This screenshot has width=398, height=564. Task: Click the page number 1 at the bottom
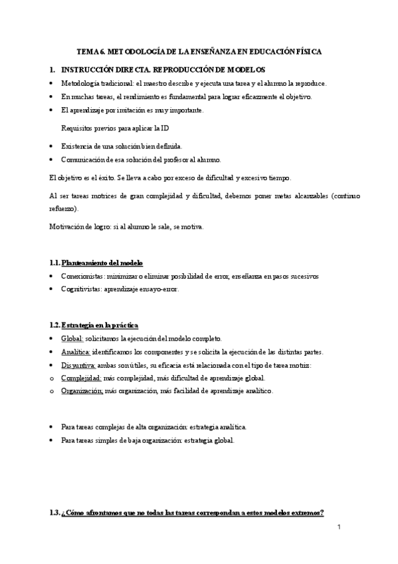338,527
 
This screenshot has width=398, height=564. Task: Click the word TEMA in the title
87,51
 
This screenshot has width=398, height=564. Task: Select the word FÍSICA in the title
307,51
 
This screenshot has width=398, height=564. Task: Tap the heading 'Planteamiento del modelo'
102,263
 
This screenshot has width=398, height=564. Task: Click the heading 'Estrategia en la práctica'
100,325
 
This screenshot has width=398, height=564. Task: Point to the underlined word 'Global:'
72,339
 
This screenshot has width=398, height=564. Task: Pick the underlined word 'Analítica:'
76,352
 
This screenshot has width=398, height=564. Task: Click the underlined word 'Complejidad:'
81,378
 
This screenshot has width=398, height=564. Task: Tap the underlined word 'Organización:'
82,391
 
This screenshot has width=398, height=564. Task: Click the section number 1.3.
55,513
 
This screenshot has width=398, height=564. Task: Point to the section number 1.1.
55,263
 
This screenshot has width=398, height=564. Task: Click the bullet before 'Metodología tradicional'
52,84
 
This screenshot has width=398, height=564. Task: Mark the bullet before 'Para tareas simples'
52,441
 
